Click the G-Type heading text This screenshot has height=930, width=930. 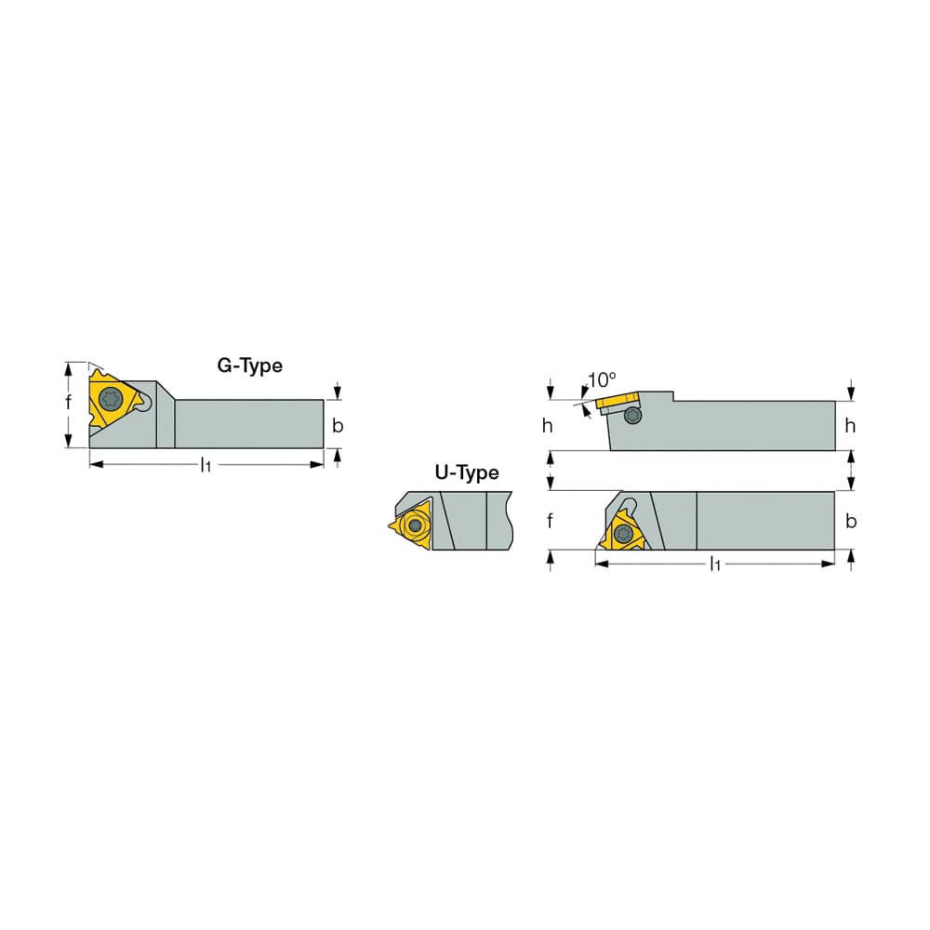[x=249, y=365]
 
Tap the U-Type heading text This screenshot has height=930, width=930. [x=467, y=473]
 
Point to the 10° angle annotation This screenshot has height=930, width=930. [x=602, y=379]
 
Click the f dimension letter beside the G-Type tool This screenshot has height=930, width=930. [x=68, y=403]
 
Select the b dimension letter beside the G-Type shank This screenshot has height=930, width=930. [x=338, y=425]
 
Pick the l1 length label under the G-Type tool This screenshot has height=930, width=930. [x=206, y=465]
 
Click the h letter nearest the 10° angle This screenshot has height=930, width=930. [x=548, y=425]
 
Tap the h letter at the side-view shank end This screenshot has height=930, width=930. [x=850, y=425]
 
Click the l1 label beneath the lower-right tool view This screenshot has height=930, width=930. [x=715, y=565]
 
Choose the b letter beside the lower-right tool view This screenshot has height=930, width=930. [x=851, y=521]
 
